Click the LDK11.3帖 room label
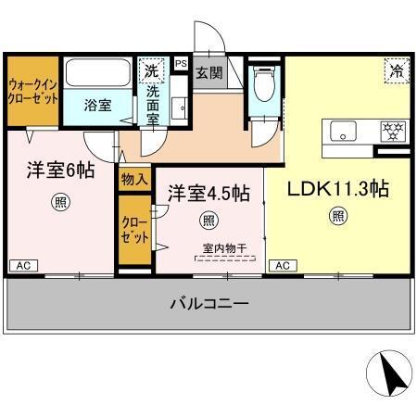tap(336, 188)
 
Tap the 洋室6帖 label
tap(59, 171)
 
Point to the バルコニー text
tap(208, 303)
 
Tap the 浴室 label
tap(99, 105)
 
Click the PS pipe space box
tap(182, 64)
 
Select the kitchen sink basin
tap(345, 133)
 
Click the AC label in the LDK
tap(282, 266)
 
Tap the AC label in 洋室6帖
tap(20, 266)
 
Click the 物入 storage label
tap(134, 179)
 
